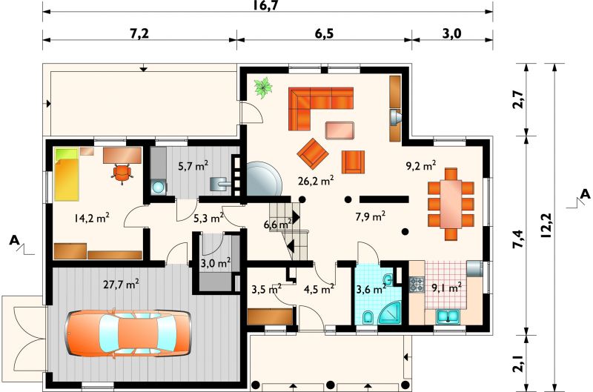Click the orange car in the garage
[x=127, y=333]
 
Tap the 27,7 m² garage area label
[x=122, y=284]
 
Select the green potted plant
[x=263, y=87]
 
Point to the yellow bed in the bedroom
[x=67, y=174]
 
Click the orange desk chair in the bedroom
[x=122, y=174]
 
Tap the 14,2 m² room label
[x=92, y=218]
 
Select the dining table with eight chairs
[x=451, y=204]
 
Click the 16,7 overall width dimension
[x=266, y=5]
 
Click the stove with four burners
[x=417, y=285]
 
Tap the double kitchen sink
[x=448, y=316]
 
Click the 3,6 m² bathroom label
[x=371, y=290]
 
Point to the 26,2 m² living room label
[x=316, y=181]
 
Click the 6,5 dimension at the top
[x=324, y=34]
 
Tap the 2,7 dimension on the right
[x=518, y=99]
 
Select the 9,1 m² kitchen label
[x=447, y=288]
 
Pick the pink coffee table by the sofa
[x=339, y=130]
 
